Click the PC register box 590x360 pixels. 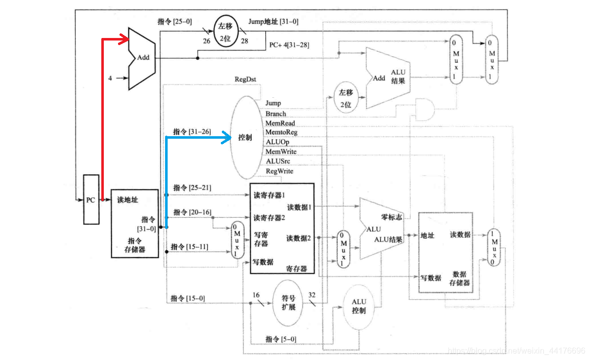(91, 199)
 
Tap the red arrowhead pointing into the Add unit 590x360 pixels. (124, 38)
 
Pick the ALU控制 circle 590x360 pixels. (359, 306)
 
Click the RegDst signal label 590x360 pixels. (246, 79)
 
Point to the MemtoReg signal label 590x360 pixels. (281, 132)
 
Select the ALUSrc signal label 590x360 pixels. (278, 161)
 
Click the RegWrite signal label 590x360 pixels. (279, 171)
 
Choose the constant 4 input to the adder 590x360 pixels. (110, 78)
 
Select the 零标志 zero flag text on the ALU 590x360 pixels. (391, 217)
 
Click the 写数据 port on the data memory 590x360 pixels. (430, 277)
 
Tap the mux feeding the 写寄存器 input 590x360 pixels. (236, 241)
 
